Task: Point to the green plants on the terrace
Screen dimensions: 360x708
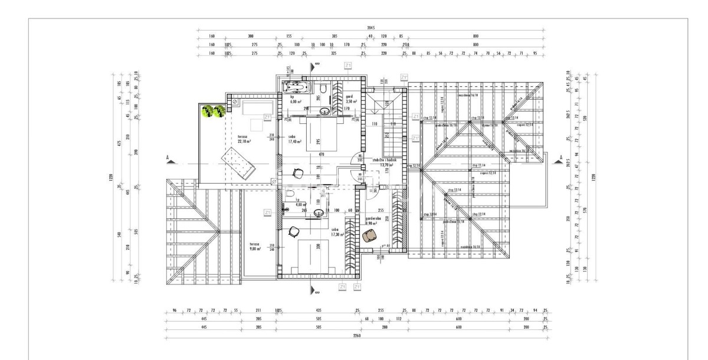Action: (x=213, y=111)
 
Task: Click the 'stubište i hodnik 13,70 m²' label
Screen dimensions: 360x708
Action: (x=387, y=163)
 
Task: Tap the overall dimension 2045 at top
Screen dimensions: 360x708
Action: (x=370, y=28)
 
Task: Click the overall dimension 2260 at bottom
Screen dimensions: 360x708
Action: (x=356, y=335)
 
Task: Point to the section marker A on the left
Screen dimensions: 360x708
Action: (x=169, y=158)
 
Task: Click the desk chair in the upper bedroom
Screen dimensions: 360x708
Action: (x=299, y=172)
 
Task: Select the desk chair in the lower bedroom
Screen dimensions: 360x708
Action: (x=293, y=233)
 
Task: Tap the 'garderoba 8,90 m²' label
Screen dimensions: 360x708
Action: (x=373, y=221)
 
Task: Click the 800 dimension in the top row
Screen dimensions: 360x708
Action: (x=475, y=36)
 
